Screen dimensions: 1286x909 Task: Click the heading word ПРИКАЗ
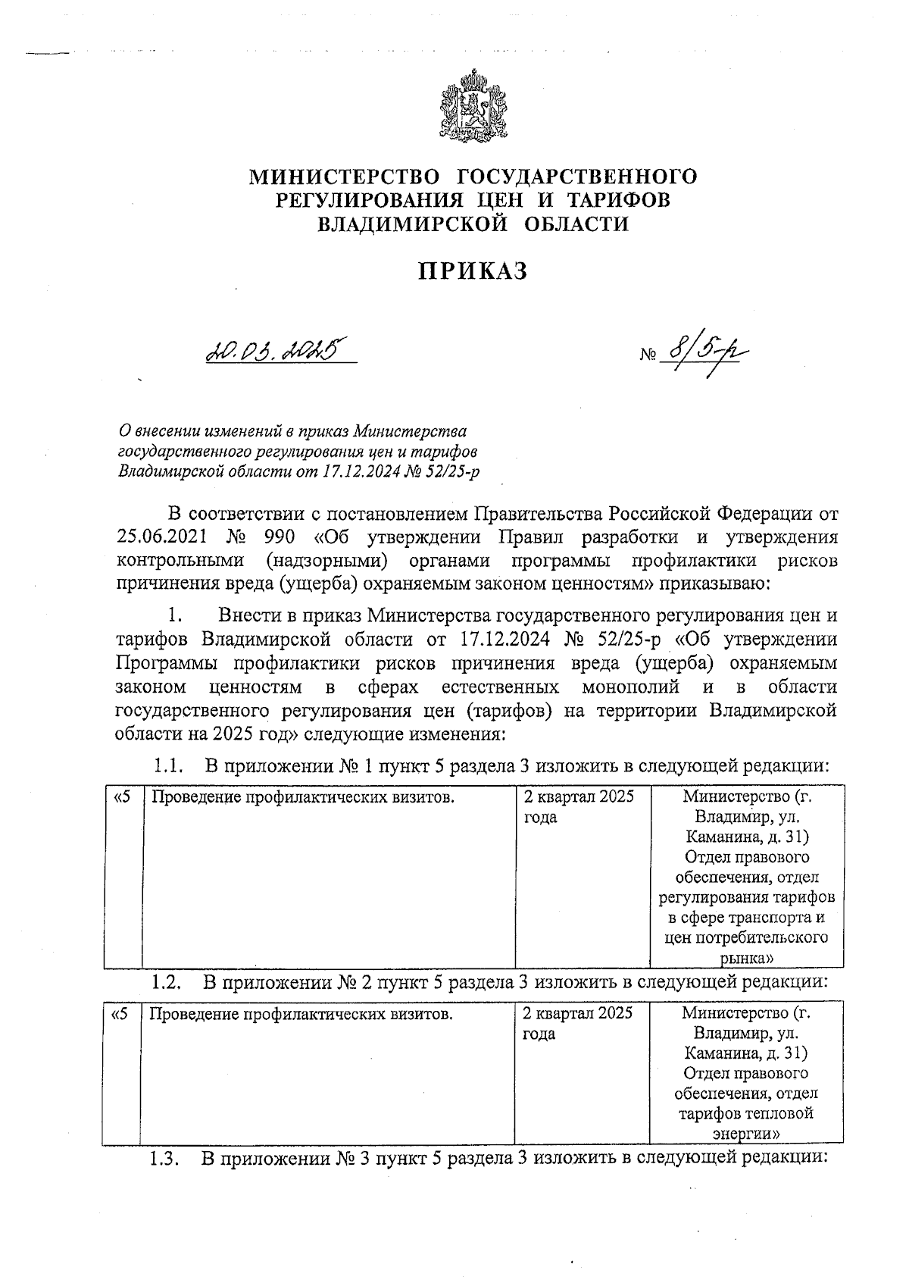(473, 271)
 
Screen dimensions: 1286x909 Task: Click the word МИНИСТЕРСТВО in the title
(345, 177)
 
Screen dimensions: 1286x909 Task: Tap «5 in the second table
(120, 1013)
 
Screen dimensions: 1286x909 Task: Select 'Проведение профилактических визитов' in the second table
(301, 1013)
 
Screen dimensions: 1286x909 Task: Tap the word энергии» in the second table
(746, 1134)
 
